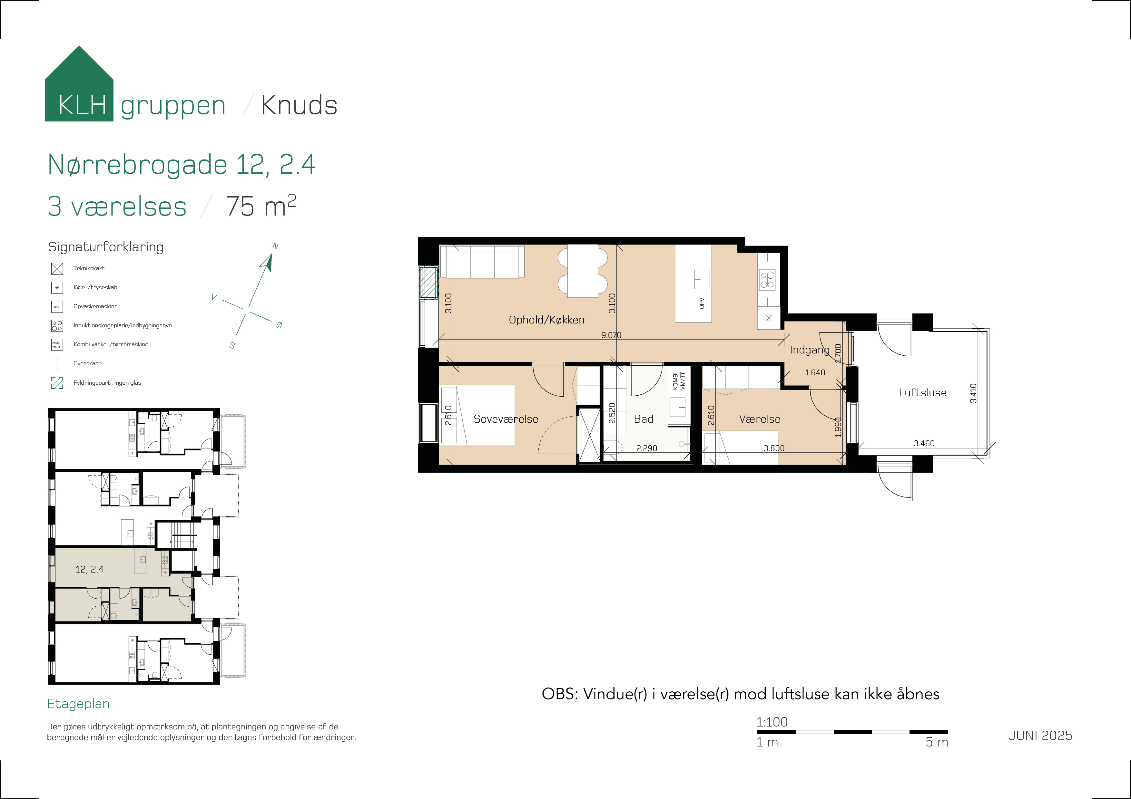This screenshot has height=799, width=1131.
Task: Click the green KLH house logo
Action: pyautogui.click(x=79, y=84)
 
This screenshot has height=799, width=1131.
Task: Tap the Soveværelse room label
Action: pyautogui.click(x=506, y=419)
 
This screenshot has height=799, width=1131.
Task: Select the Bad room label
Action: pyautogui.click(x=643, y=419)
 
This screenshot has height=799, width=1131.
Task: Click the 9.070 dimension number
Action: pyautogui.click(x=611, y=335)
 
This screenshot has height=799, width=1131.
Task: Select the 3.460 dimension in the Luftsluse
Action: pyautogui.click(x=924, y=443)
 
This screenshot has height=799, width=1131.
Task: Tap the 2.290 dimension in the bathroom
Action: pyautogui.click(x=646, y=448)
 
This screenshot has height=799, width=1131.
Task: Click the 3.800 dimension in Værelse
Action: pyautogui.click(x=774, y=448)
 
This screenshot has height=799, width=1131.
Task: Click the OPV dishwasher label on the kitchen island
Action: pyautogui.click(x=702, y=303)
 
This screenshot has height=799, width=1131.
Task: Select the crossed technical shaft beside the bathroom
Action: pyautogui.click(x=589, y=435)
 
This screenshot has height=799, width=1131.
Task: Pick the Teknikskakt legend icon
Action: pyautogui.click(x=57, y=268)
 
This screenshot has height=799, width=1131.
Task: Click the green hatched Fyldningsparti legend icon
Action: pyautogui.click(x=57, y=382)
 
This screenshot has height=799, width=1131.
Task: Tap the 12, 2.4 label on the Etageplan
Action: pyautogui.click(x=89, y=569)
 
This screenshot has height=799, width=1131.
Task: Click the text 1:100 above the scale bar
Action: pyautogui.click(x=772, y=722)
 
